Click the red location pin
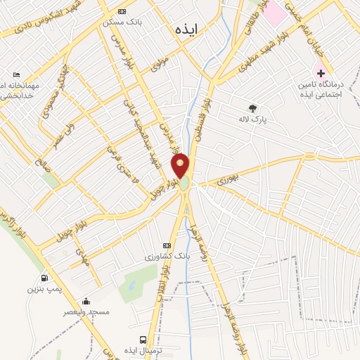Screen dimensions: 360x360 pos(181,166)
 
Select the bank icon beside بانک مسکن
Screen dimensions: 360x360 pos(122,12)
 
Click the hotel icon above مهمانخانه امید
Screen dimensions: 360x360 pos(17,74)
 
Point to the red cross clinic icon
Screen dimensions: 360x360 pos(320,72)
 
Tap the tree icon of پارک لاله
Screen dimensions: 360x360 pos(252,108)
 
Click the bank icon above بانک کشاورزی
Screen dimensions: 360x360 pos(166,245)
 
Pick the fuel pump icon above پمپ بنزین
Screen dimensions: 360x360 pos(46,277)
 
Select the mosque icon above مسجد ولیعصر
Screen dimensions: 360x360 pos(87,301)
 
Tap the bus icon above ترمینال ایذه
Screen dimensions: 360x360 pos(143,338)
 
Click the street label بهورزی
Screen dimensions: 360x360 pos(229,181)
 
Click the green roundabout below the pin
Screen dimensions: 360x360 pos(184,184)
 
